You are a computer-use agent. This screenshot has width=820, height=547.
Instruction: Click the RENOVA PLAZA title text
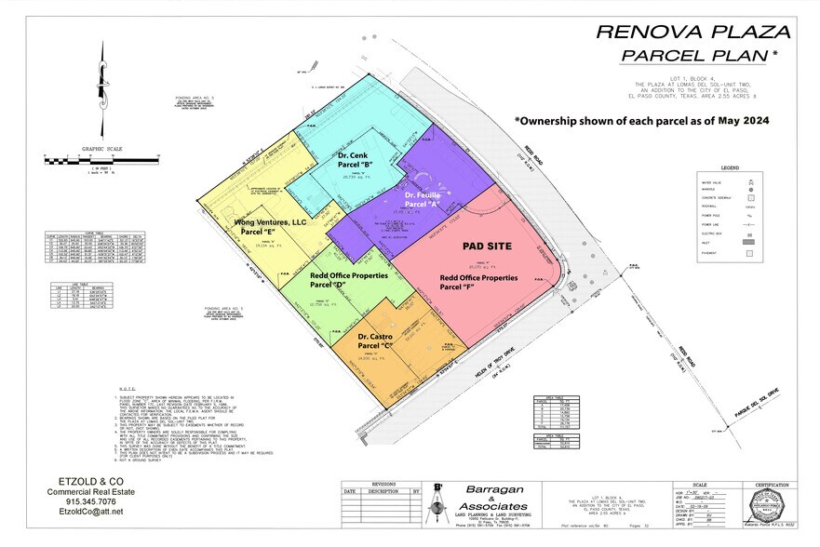(692, 31)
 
